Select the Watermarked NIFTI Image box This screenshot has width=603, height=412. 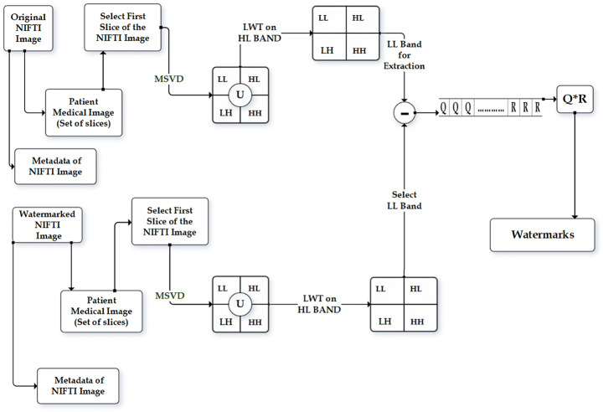pyautogui.click(x=47, y=225)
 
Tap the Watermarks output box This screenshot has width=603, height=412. pyautogui.click(x=543, y=234)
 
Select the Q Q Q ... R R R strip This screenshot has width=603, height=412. pyautogui.click(x=490, y=108)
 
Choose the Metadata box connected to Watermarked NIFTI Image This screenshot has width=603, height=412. pyautogui.click(x=77, y=384)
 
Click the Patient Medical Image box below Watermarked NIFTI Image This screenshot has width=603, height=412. pyautogui.click(x=100, y=310)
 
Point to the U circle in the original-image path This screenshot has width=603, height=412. pyautogui.click(x=240, y=94)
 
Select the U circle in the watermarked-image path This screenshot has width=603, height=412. pyautogui.click(x=240, y=303)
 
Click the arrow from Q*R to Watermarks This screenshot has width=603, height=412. pyautogui.click(x=575, y=167)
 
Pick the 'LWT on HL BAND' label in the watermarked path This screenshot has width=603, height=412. pyautogui.click(x=319, y=305)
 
